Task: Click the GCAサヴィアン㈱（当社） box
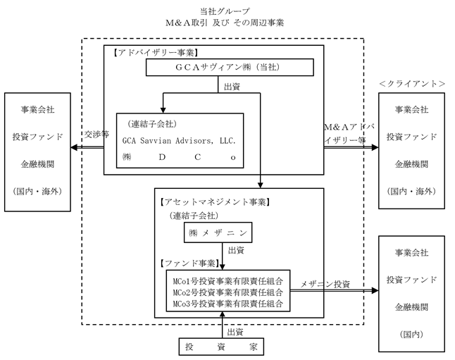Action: pos(230,67)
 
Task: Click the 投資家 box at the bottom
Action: pos(222,346)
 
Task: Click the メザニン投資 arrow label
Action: pos(325,284)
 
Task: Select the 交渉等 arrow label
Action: pos(96,133)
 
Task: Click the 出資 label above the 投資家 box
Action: pos(235,331)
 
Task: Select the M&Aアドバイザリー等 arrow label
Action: pos(349,133)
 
